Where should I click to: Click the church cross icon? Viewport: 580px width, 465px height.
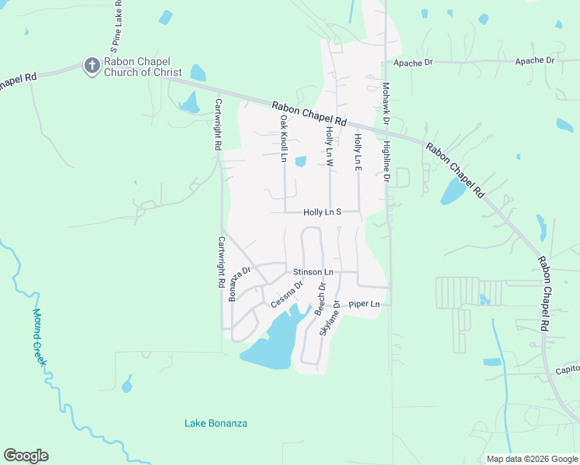click(91, 66)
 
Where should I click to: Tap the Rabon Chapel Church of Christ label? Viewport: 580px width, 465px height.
click(138, 67)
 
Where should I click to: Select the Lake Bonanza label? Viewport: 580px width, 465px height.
click(216, 423)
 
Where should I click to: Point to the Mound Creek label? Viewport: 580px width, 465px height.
click(41, 338)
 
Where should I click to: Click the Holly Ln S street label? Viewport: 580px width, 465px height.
click(323, 212)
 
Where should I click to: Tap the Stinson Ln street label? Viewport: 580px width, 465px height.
click(312, 272)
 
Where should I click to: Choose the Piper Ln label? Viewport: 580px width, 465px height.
click(365, 304)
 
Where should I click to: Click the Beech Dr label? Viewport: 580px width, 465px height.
click(320, 298)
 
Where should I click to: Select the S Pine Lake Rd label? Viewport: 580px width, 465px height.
click(113, 27)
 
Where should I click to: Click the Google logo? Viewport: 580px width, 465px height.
click(26, 456)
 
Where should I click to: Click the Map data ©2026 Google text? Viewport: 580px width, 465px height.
click(530, 459)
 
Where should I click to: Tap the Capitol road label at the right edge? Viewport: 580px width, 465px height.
click(567, 370)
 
